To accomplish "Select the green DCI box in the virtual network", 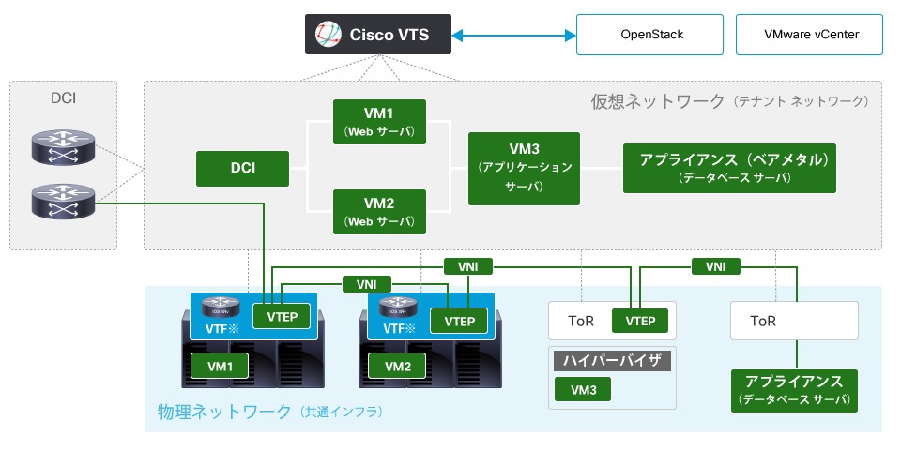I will pos(242,169).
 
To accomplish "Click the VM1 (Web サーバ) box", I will pos(380,121).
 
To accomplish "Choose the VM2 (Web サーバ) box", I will pos(380,211).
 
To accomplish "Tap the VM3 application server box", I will pos(524,168).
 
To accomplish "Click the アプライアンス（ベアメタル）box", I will pos(728,168).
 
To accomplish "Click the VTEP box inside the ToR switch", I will pos(640,321).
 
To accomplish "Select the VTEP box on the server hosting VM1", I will pos(283,317).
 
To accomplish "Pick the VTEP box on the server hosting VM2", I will pos(460,321).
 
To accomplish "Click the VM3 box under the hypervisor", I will pos(582,388).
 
